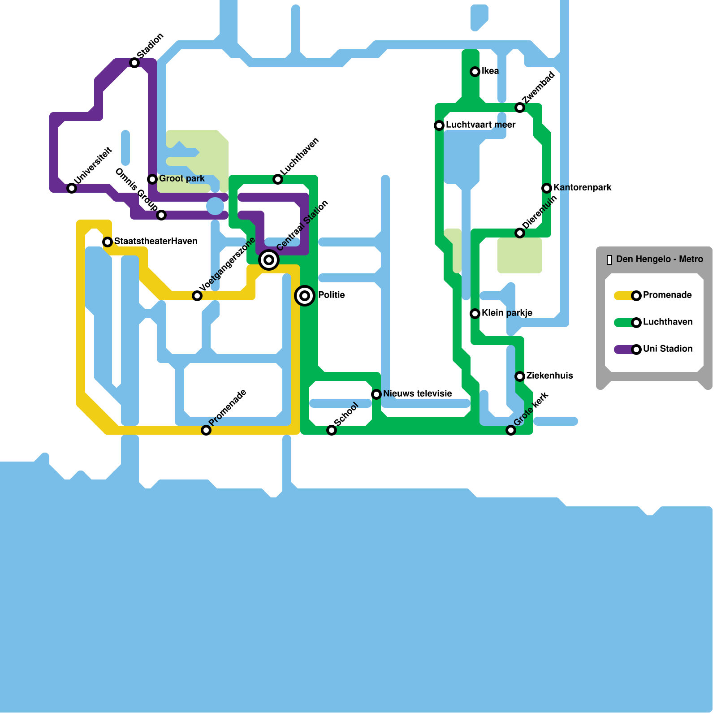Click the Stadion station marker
(x=134, y=63)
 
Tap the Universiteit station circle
(x=72, y=188)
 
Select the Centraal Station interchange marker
(x=269, y=260)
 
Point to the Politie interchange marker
(x=305, y=296)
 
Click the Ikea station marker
(x=475, y=72)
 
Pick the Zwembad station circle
(x=520, y=108)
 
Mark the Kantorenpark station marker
(x=547, y=188)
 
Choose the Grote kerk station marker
(x=511, y=430)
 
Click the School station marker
(x=332, y=430)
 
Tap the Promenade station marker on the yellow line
(x=206, y=430)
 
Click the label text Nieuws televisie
(x=417, y=394)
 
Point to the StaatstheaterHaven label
(x=155, y=242)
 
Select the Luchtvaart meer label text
(x=480, y=125)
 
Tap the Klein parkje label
(x=507, y=313)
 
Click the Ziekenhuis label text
(x=549, y=376)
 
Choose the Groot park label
(x=181, y=179)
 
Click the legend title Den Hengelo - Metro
(x=659, y=259)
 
